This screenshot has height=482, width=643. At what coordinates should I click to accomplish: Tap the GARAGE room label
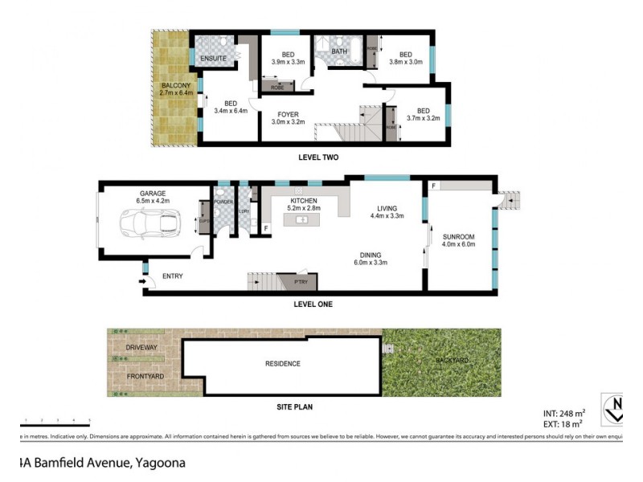pos(152,194)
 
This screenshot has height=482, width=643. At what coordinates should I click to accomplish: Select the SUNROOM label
pos(459,237)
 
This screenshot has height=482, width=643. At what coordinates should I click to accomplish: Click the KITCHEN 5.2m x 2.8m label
pos(304,201)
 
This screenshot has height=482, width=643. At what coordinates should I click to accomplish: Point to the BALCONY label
pos(174,85)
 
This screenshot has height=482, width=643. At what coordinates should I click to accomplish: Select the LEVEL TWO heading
pos(317,157)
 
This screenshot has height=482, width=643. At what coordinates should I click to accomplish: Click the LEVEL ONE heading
pos(313,304)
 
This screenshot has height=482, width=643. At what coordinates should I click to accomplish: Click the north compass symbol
pos(615,407)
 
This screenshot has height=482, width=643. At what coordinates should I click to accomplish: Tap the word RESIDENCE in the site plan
pos(282,364)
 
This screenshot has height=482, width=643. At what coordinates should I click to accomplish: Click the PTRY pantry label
pos(301,282)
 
